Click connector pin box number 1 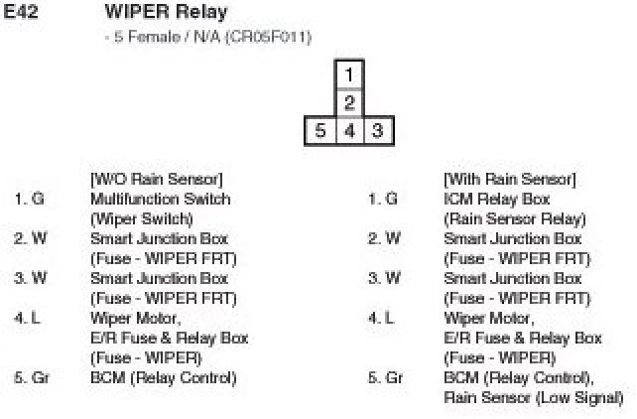(348, 73)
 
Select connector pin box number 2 (348, 102)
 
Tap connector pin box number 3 (377, 130)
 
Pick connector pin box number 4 (348, 130)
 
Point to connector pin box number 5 (319, 130)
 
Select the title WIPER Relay (166, 13)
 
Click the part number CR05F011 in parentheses (268, 38)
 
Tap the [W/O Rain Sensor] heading (156, 179)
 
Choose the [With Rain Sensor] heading (509, 179)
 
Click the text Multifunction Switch (160, 199)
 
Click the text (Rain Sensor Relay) (514, 218)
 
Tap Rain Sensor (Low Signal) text (533, 397)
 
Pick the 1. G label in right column (383, 199)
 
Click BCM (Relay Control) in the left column (163, 377)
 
